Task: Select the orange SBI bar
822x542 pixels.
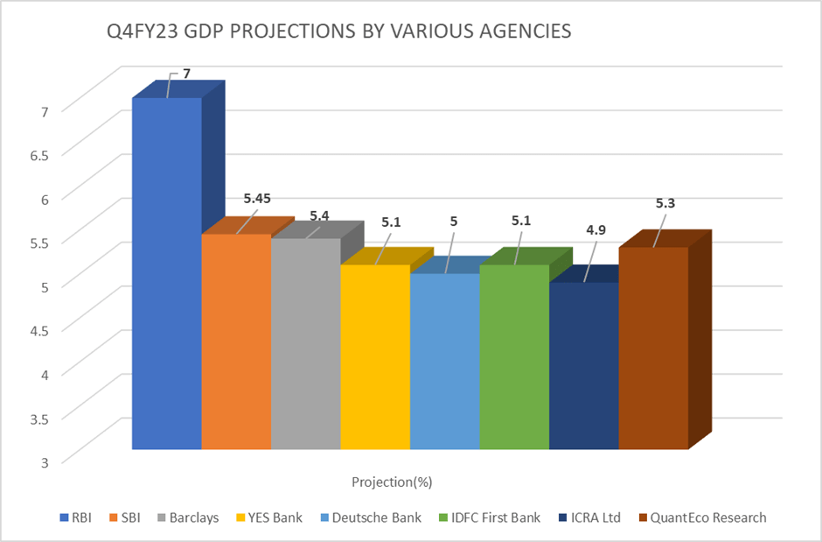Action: point(235,341)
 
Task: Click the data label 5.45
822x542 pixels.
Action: point(256,199)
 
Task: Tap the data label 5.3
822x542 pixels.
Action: point(665,203)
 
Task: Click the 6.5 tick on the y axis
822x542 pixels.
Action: point(40,153)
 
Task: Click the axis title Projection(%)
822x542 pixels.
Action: point(393,482)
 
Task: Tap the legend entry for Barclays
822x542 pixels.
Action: point(188,517)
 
